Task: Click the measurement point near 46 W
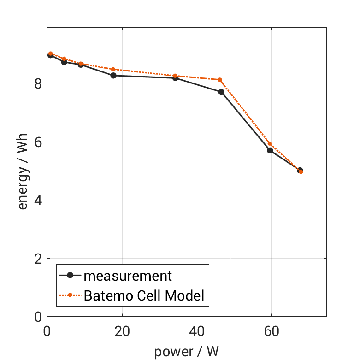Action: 221,92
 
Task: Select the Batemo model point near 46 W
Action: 220,80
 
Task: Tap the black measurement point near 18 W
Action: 113,75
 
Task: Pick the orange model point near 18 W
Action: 113,69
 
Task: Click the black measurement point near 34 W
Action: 176,78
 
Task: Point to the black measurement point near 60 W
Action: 270,150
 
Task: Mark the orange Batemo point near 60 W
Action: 270,144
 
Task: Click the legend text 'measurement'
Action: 127,276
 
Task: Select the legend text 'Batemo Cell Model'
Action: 144,295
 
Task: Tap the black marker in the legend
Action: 70,276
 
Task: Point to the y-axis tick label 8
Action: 37,83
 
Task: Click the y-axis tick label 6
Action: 37,142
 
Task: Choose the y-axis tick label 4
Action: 37,200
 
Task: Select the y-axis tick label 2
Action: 37,259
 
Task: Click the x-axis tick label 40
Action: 197,331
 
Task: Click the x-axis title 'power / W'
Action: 186,351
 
